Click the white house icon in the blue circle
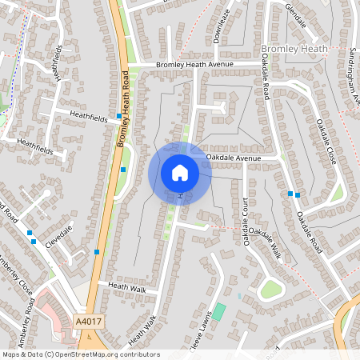[180, 173]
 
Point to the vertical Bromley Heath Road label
[124, 109]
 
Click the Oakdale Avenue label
[234, 158]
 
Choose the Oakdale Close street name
[326, 142]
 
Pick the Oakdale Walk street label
[264, 239]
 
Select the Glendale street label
[295, 15]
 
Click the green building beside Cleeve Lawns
[219, 311]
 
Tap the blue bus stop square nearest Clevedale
[30, 233]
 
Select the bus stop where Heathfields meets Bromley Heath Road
[119, 117]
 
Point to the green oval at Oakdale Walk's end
[271, 289]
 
